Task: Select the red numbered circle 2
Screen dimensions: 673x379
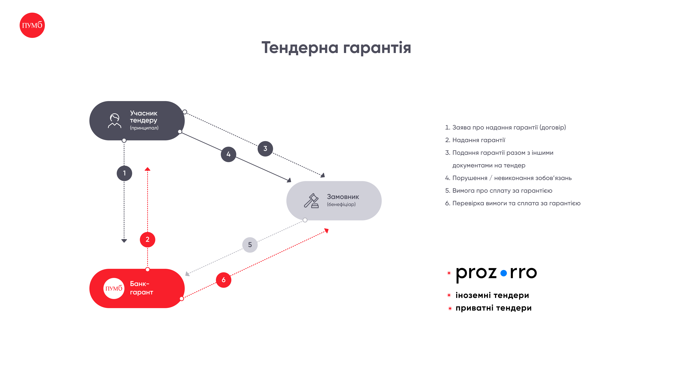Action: [148, 240]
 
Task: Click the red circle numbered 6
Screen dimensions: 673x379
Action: [224, 280]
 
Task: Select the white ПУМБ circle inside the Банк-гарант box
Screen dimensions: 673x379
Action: [114, 288]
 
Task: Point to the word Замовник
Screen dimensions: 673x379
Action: [343, 197]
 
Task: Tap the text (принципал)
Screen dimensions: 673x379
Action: [144, 128]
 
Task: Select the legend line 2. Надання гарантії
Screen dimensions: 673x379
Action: [475, 140]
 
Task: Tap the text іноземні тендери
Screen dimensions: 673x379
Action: [492, 295]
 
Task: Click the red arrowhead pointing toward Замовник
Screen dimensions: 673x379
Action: [327, 230]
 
